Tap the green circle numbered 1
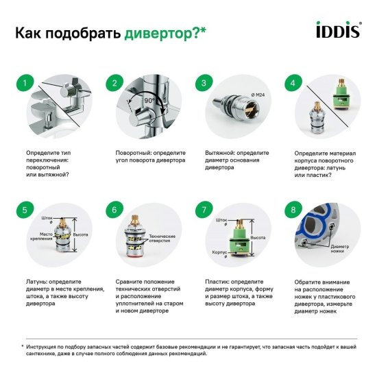click(25, 84)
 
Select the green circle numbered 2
click(114, 84)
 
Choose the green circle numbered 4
click(293, 84)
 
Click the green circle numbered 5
click(25, 210)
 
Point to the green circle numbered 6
click(114, 210)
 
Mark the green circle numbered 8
click(293, 210)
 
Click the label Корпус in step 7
click(219, 252)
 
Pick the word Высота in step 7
click(258, 236)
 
